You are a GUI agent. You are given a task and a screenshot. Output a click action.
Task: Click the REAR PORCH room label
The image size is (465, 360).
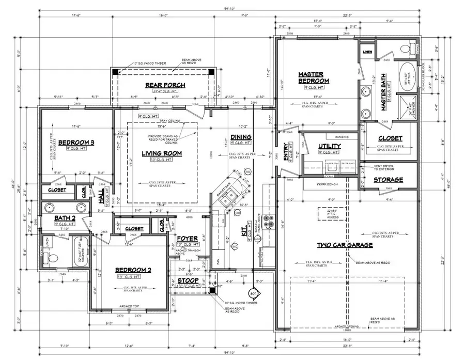(x=165, y=85)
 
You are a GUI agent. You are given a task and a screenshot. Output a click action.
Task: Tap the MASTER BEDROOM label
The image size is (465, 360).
(x=314, y=78)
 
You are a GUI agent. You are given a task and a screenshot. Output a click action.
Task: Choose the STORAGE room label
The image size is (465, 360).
(x=389, y=180)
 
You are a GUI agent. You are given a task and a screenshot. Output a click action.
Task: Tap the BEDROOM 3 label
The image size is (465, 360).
(x=75, y=143)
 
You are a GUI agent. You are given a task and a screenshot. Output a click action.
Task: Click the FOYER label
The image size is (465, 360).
(x=187, y=238)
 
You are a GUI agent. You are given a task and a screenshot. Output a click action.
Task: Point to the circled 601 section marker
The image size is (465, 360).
(x=253, y=293)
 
